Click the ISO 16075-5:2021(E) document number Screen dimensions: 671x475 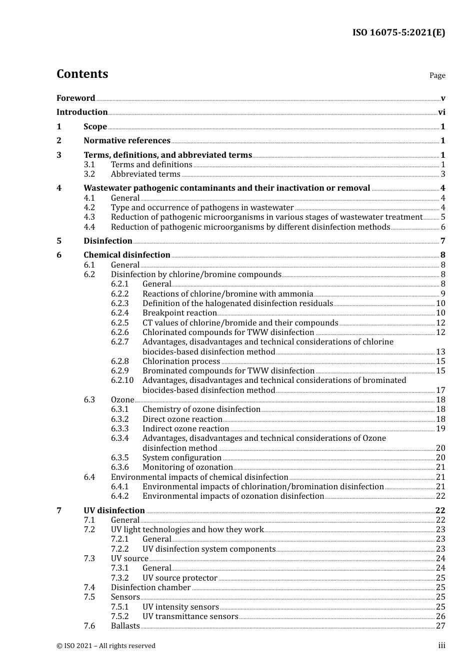point(398,32)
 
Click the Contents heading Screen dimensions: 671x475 point(82,74)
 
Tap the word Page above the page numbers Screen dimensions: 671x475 point(437,75)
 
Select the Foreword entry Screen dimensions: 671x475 point(75,98)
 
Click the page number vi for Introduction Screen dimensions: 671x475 point(441,112)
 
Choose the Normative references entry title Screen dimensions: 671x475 point(127,141)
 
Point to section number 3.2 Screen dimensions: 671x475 point(89,174)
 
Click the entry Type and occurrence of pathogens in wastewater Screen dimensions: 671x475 point(202,208)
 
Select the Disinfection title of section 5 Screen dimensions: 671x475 point(108,241)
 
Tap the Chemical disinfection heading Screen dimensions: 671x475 point(127,255)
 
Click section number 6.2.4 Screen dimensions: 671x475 point(119,313)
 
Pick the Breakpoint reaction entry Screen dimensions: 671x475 point(179,313)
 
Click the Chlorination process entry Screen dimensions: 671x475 point(181,361)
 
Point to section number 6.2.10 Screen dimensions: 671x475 point(122,380)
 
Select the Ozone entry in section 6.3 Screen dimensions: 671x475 point(122,400)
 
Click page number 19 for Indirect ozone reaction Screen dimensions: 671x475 point(440,429)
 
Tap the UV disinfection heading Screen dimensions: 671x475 point(114,511)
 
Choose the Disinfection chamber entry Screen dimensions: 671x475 point(150,588)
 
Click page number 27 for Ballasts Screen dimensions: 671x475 point(440,626)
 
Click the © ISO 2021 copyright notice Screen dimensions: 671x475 point(106,646)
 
